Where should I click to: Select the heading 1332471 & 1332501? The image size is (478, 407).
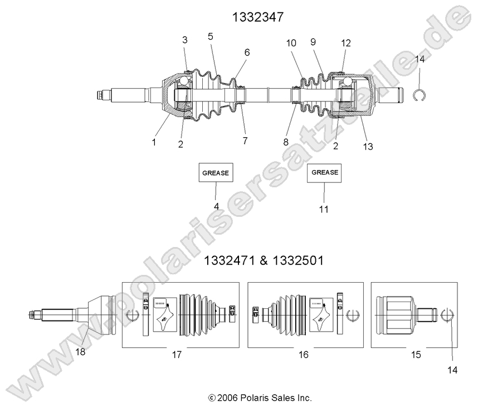coord(264,260)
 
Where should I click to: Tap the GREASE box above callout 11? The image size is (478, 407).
coord(325,173)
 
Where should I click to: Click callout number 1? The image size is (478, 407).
coord(154,142)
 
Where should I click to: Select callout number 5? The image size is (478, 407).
coord(210,36)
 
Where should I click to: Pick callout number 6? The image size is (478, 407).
coord(247,52)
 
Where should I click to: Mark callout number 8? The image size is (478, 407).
coord(285,142)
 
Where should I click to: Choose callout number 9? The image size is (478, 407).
coord(313,42)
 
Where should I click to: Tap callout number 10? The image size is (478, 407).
coord(292,43)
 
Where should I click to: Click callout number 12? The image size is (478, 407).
coord(346,43)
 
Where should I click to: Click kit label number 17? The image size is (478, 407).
coord(177,354)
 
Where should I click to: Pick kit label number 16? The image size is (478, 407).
coord(304,354)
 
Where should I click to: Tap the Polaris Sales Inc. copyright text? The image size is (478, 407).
coord(260,398)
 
